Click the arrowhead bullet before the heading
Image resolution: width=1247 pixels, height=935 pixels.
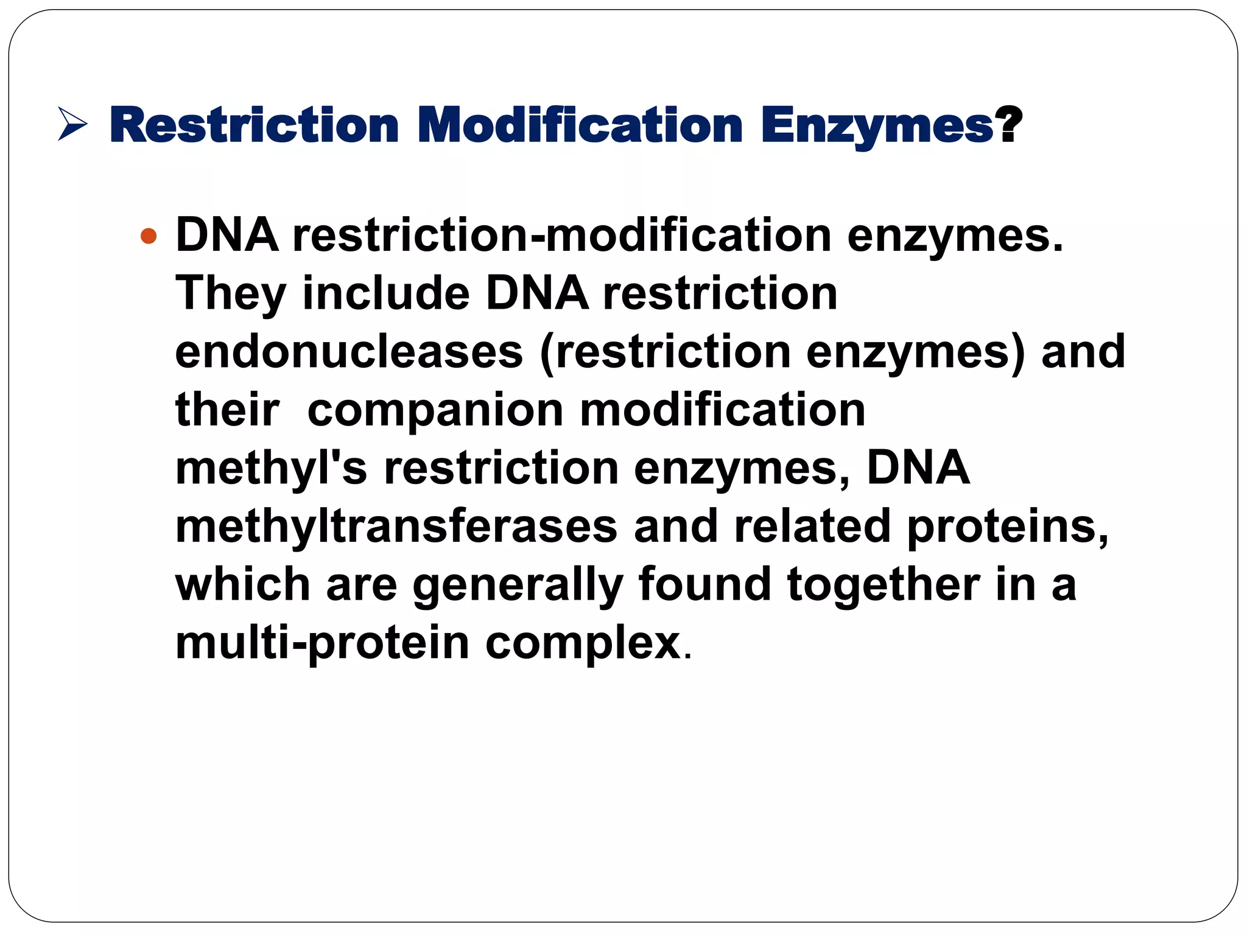[x=72, y=124]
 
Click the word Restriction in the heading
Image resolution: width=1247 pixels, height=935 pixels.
[x=254, y=125]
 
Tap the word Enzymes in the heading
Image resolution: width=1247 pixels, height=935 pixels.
[x=877, y=125]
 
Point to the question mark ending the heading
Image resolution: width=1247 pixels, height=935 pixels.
[x=1009, y=125]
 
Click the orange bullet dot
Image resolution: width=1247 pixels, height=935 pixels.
[x=148, y=236]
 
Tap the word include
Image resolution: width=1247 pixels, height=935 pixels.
[x=386, y=293]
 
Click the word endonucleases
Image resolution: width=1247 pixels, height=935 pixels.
[x=349, y=352]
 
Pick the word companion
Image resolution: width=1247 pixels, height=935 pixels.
[x=435, y=410]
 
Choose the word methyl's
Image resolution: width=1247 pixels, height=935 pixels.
[x=271, y=468]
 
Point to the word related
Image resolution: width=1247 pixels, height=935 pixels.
[x=812, y=526]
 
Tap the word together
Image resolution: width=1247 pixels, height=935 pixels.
[x=883, y=584]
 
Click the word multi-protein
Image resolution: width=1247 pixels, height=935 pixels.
[x=322, y=643]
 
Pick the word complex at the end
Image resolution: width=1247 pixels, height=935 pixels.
[x=583, y=643]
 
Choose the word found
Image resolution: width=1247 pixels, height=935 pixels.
[x=704, y=584]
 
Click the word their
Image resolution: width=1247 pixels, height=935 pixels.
[x=227, y=410]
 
